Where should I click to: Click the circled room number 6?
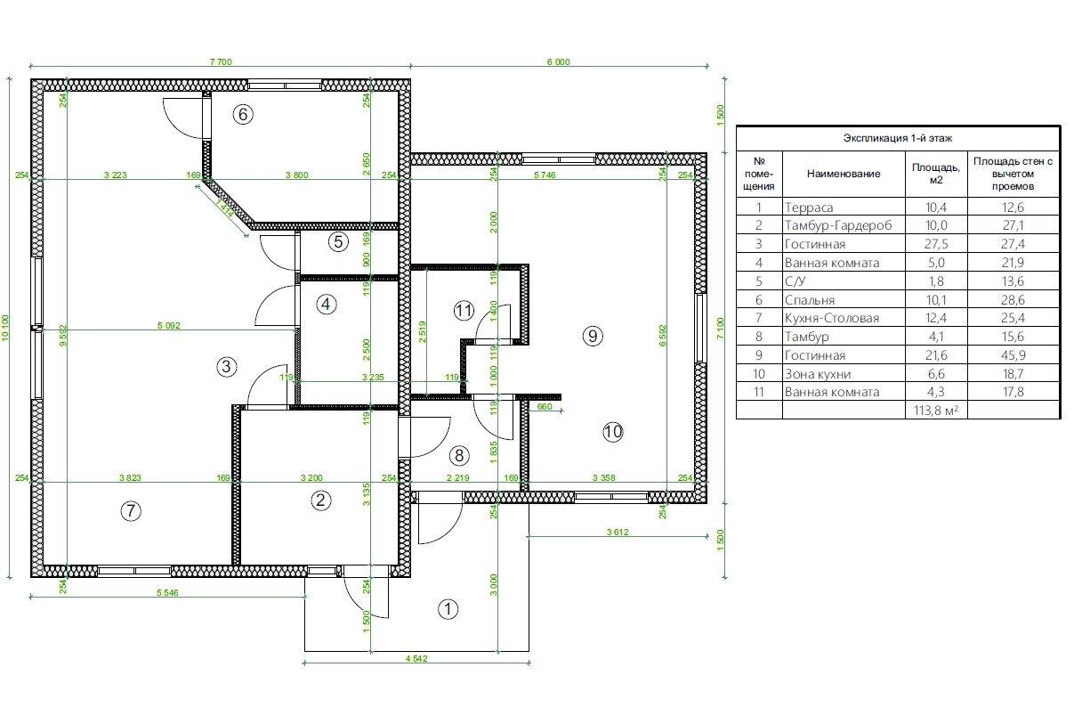tap(243, 114)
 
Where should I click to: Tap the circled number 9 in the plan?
tap(593, 336)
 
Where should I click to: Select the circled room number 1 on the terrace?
tap(448, 609)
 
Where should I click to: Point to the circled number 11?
tap(464, 311)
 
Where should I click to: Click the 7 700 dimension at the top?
tap(221, 62)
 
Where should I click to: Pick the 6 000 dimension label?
tap(559, 62)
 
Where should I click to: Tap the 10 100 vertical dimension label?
tap(5, 329)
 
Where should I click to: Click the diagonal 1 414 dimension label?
tap(224, 208)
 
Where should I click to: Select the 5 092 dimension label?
tap(169, 325)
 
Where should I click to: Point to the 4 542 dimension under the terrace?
tap(416, 658)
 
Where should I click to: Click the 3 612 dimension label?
tap(618, 532)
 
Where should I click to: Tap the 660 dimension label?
tap(545, 406)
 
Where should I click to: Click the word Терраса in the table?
tap(809, 207)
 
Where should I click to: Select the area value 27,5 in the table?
tap(936, 244)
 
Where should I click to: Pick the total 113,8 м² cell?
tap(936, 411)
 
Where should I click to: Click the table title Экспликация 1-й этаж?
tap(898, 138)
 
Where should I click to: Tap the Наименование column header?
tap(844, 174)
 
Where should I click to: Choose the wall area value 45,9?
tap(1013, 355)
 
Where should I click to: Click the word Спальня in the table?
tap(810, 300)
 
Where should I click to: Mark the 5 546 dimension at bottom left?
tap(167, 593)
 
